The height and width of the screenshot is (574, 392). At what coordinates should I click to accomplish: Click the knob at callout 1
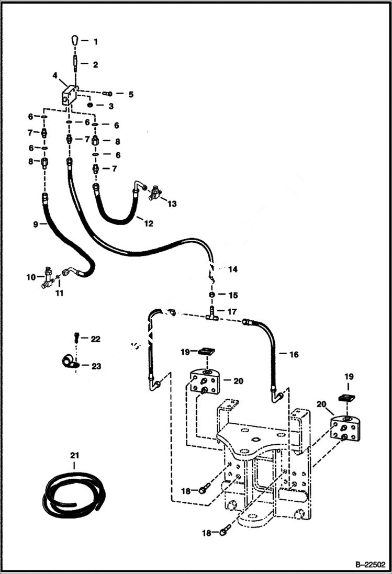[75, 41]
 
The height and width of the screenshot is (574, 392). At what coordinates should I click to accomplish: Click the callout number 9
[36, 224]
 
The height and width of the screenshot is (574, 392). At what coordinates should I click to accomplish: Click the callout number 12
[149, 223]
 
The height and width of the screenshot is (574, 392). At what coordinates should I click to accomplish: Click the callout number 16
[294, 354]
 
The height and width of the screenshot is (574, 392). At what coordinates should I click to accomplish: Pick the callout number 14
[232, 269]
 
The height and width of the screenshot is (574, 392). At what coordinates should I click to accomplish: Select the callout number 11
[59, 293]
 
